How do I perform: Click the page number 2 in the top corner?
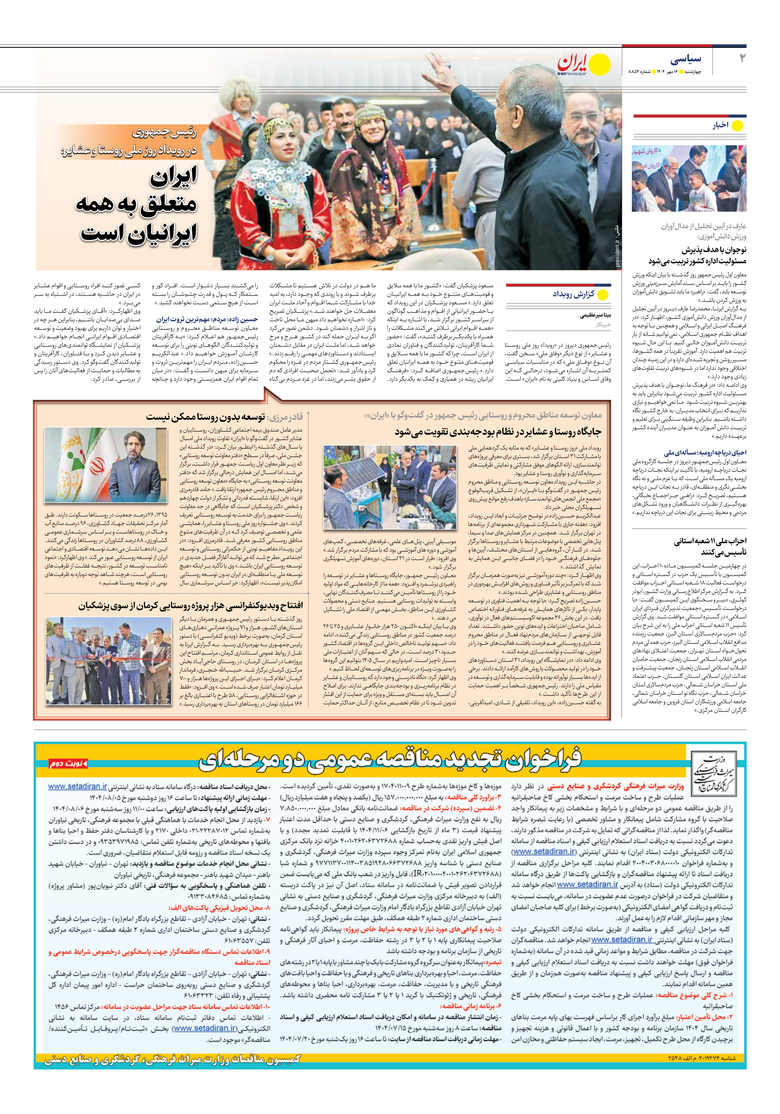(x=742, y=59)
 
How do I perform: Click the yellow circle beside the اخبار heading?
(x=737, y=126)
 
